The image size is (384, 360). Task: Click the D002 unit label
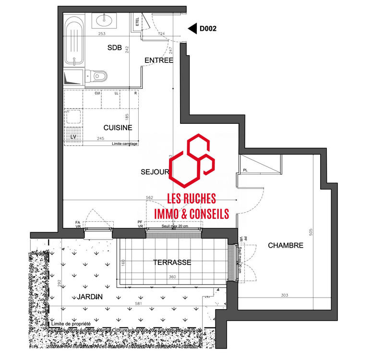pyautogui.click(x=208, y=29)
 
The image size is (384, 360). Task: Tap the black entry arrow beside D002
pyautogui.click(x=192, y=29)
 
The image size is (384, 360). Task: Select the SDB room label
pyautogui.click(x=115, y=47)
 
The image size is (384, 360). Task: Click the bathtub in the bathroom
pyautogui.click(x=74, y=41)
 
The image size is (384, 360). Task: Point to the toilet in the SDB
pyautogui.click(x=98, y=75)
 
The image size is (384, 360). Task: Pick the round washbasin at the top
pyautogui.click(x=104, y=21)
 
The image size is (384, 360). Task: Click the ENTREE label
pyautogui.click(x=159, y=60)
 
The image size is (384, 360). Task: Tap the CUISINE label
pyautogui.click(x=118, y=127)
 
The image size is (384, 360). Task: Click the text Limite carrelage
pyautogui.click(x=124, y=144)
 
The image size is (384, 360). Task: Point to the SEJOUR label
pyautogui.click(x=155, y=171)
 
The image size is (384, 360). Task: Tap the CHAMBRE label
pyautogui.click(x=286, y=245)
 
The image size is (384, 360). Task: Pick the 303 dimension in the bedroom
pyautogui.click(x=284, y=295)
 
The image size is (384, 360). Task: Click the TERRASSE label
pyautogui.click(x=172, y=263)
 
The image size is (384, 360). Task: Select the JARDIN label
pyautogui.click(x=89, y=297)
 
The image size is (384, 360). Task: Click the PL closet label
pyautogui.click(x=245, y=170)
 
